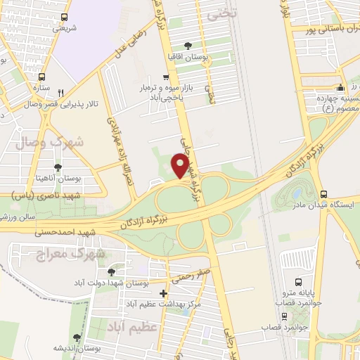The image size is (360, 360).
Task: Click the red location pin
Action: (x=181, y=166)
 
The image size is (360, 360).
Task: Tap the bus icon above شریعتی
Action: (x=64, y=17)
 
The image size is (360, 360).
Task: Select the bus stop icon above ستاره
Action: (x=44, y=76)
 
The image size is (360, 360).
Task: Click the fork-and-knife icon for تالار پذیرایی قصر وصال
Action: (x=61, y=92)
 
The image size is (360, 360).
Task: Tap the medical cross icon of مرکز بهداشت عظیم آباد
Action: (x=163, y=293)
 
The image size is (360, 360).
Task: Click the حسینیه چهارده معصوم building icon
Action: (x=341, y=88)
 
